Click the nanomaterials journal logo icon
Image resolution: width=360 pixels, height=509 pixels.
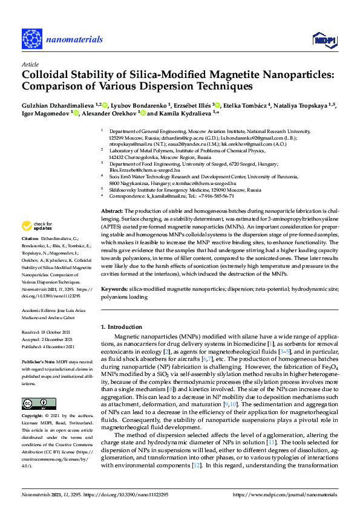click(x=31, y=38)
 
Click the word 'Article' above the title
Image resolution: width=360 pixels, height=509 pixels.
click(x=30, y=63)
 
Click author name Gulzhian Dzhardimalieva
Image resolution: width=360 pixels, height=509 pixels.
click(x=60, y=105)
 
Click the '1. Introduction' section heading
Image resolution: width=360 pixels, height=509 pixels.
click(x=125, y=326)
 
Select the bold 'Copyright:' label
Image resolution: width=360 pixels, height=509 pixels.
click(x=33, y=416)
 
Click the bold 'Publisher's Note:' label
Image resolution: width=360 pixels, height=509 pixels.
click(x=39, y=360)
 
